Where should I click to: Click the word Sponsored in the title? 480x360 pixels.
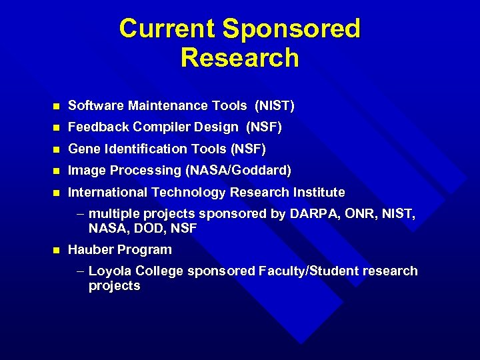point(291,29)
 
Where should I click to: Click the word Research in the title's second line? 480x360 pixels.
point(240,58)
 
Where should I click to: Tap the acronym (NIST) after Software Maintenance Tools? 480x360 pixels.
point(274,105)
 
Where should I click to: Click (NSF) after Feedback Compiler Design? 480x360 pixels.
point(265,127)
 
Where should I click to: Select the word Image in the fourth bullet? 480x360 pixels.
point(85,171)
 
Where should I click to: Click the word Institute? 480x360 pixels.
point(319,193)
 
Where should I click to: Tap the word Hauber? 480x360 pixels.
point(91,250)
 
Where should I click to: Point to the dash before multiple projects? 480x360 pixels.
point(80,214)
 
